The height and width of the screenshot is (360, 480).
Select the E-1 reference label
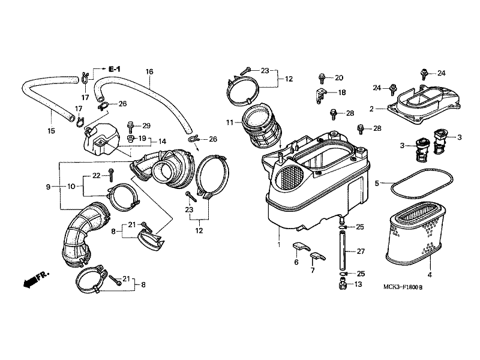114,70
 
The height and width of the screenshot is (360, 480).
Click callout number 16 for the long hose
149,72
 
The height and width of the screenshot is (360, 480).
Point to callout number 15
51,131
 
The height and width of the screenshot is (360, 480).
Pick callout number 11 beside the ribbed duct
229,122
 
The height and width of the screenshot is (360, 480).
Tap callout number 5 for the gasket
377,183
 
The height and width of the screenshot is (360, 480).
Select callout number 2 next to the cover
372,109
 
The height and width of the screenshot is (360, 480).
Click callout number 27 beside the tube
360,251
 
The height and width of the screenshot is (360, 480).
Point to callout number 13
358,284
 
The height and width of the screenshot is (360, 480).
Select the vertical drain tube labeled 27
344,251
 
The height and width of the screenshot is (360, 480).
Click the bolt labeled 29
130,125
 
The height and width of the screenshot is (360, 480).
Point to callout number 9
47,187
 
